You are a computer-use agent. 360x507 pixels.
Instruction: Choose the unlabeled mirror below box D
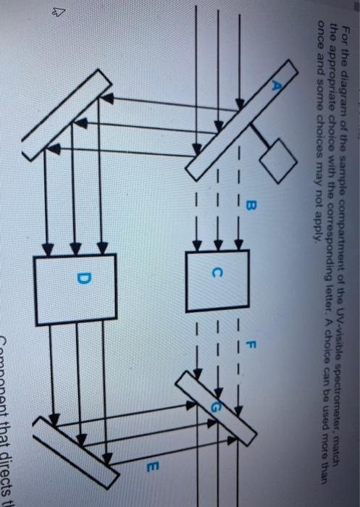click(x=75, y=443)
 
